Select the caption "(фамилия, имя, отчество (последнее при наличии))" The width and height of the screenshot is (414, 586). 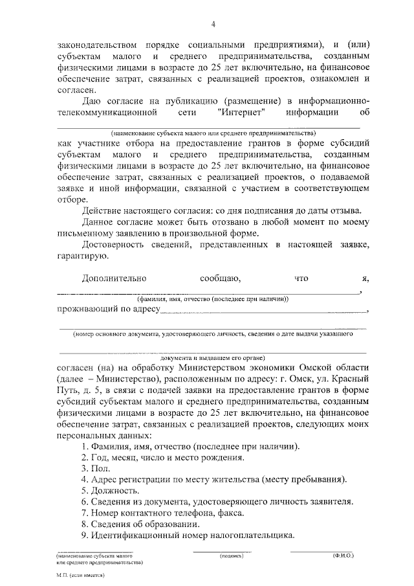212,299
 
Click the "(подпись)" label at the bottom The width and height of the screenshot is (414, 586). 231,556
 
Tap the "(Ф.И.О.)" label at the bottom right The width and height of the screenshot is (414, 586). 342,556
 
